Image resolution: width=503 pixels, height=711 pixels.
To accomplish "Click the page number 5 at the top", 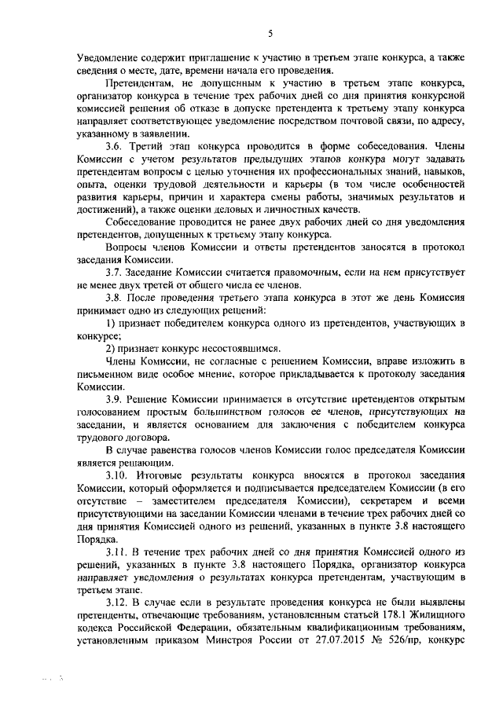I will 269,33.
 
